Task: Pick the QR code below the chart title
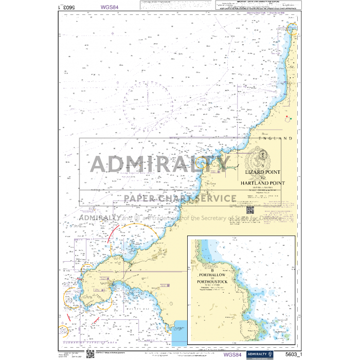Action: [x=250, y=210]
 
